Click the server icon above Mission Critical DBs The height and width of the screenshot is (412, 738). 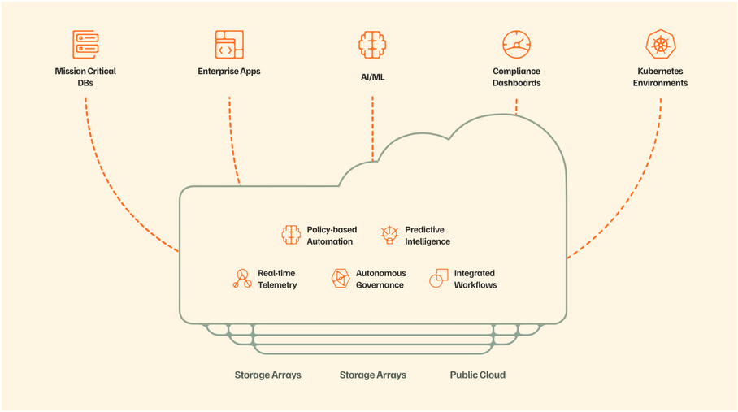[x=85, y=44]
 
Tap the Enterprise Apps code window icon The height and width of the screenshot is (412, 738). [x=229, y=44]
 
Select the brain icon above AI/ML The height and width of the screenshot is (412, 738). [x=372, y=45]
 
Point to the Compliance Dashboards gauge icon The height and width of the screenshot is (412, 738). [x=516, y=44]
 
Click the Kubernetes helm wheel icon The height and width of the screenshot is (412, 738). [x=660, y=44]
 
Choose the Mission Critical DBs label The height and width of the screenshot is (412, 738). [x=85, y=76]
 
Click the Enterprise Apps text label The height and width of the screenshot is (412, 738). [x=229, y=71]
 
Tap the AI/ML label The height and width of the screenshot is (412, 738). [x=372, y=77]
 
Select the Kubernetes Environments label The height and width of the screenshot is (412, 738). [x=660, y=76]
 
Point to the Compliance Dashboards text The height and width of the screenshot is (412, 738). [x=516, y=76]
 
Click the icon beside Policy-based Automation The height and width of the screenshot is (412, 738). [x=291, y=235]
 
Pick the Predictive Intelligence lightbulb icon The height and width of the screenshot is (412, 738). [x=389, y=235]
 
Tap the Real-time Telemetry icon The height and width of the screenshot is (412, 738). [x=242, y=279]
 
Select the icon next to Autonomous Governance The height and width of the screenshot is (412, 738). [x=341, y=279]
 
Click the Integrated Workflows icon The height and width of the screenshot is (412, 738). [x=439, y=279]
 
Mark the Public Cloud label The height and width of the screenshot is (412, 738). [x=478, y=375]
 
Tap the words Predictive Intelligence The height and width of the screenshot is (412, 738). [x=428, y=236]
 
